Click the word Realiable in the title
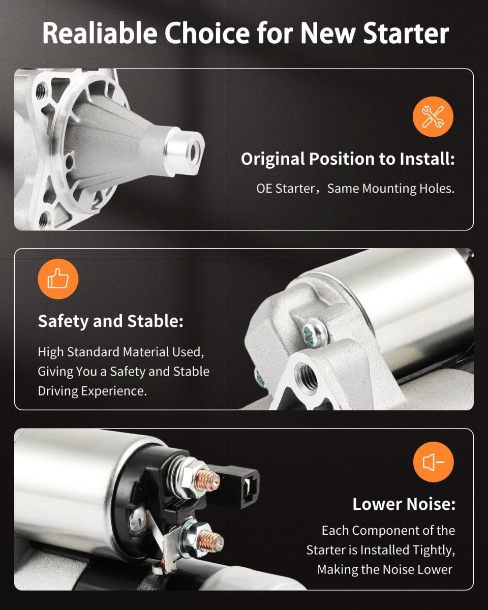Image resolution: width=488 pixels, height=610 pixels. [100, 33]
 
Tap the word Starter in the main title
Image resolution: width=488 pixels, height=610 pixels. [406, 33]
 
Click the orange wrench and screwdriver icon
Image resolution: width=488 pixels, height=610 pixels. [433, 116]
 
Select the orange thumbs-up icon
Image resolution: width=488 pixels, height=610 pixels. [58, 279]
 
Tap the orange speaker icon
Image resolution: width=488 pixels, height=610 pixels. [433, 462]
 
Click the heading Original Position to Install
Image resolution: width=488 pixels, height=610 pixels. [348, 159]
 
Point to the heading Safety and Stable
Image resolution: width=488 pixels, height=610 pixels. [111, 321]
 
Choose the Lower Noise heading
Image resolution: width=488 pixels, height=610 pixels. [404, 504]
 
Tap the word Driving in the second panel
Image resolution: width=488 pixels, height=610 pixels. [58, 391]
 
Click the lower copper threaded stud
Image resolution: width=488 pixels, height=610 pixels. [210, 541]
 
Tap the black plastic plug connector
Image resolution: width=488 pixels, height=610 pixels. [237, 485]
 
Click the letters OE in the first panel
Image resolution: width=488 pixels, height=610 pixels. [265, 189]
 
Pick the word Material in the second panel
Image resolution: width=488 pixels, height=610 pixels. [146, 352]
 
